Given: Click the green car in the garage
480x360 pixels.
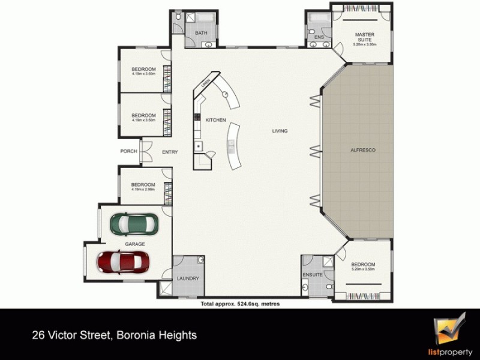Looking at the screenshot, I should [135, 224].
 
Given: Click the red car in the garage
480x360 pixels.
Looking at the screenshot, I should [124, 261].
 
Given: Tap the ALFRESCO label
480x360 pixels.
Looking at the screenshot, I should [362, 150].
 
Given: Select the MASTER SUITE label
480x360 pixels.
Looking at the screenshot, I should [364, 38].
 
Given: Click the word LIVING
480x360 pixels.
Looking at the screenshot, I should [280, 131].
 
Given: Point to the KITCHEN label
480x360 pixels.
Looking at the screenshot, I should [215, 120].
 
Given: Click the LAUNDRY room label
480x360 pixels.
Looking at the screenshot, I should [188, 278].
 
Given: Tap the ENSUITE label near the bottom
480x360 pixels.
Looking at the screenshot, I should [313, 275].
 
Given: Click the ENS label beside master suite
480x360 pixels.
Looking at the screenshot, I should [319, 37].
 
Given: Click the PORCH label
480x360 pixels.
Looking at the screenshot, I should [128, 151].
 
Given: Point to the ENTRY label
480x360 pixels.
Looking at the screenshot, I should [170, 152].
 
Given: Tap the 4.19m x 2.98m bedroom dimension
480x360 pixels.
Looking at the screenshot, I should [143, 190].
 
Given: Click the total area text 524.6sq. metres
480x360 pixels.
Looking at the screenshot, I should [240, 304].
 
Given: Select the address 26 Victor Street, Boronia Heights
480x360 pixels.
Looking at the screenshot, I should [114, 335].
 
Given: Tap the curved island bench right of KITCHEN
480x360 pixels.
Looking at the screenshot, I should [232, 147].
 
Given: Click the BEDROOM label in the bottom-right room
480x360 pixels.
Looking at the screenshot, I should [363, 265].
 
